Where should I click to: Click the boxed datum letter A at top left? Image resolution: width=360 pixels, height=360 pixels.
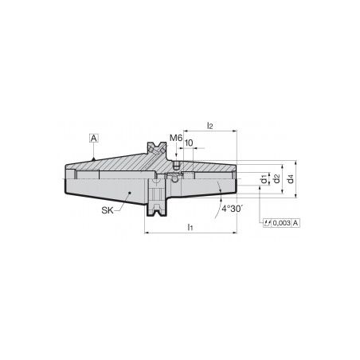coord(94,138)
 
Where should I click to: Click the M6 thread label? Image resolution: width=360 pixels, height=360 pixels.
coord(176,138)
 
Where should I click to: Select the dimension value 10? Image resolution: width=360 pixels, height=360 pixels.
coord(189,143)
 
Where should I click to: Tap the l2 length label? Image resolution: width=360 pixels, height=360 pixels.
coord(209,126)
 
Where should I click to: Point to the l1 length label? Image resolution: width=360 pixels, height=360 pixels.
coord(190,227)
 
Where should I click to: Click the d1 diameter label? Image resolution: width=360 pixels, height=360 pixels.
coord(264,179)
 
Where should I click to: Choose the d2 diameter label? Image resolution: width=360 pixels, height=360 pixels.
coord(276,178)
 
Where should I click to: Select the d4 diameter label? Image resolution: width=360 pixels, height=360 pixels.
coord(291,179)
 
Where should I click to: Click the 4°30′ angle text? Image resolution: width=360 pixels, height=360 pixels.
coord(233,209)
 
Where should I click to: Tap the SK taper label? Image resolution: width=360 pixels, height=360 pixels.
coord(108,210)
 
